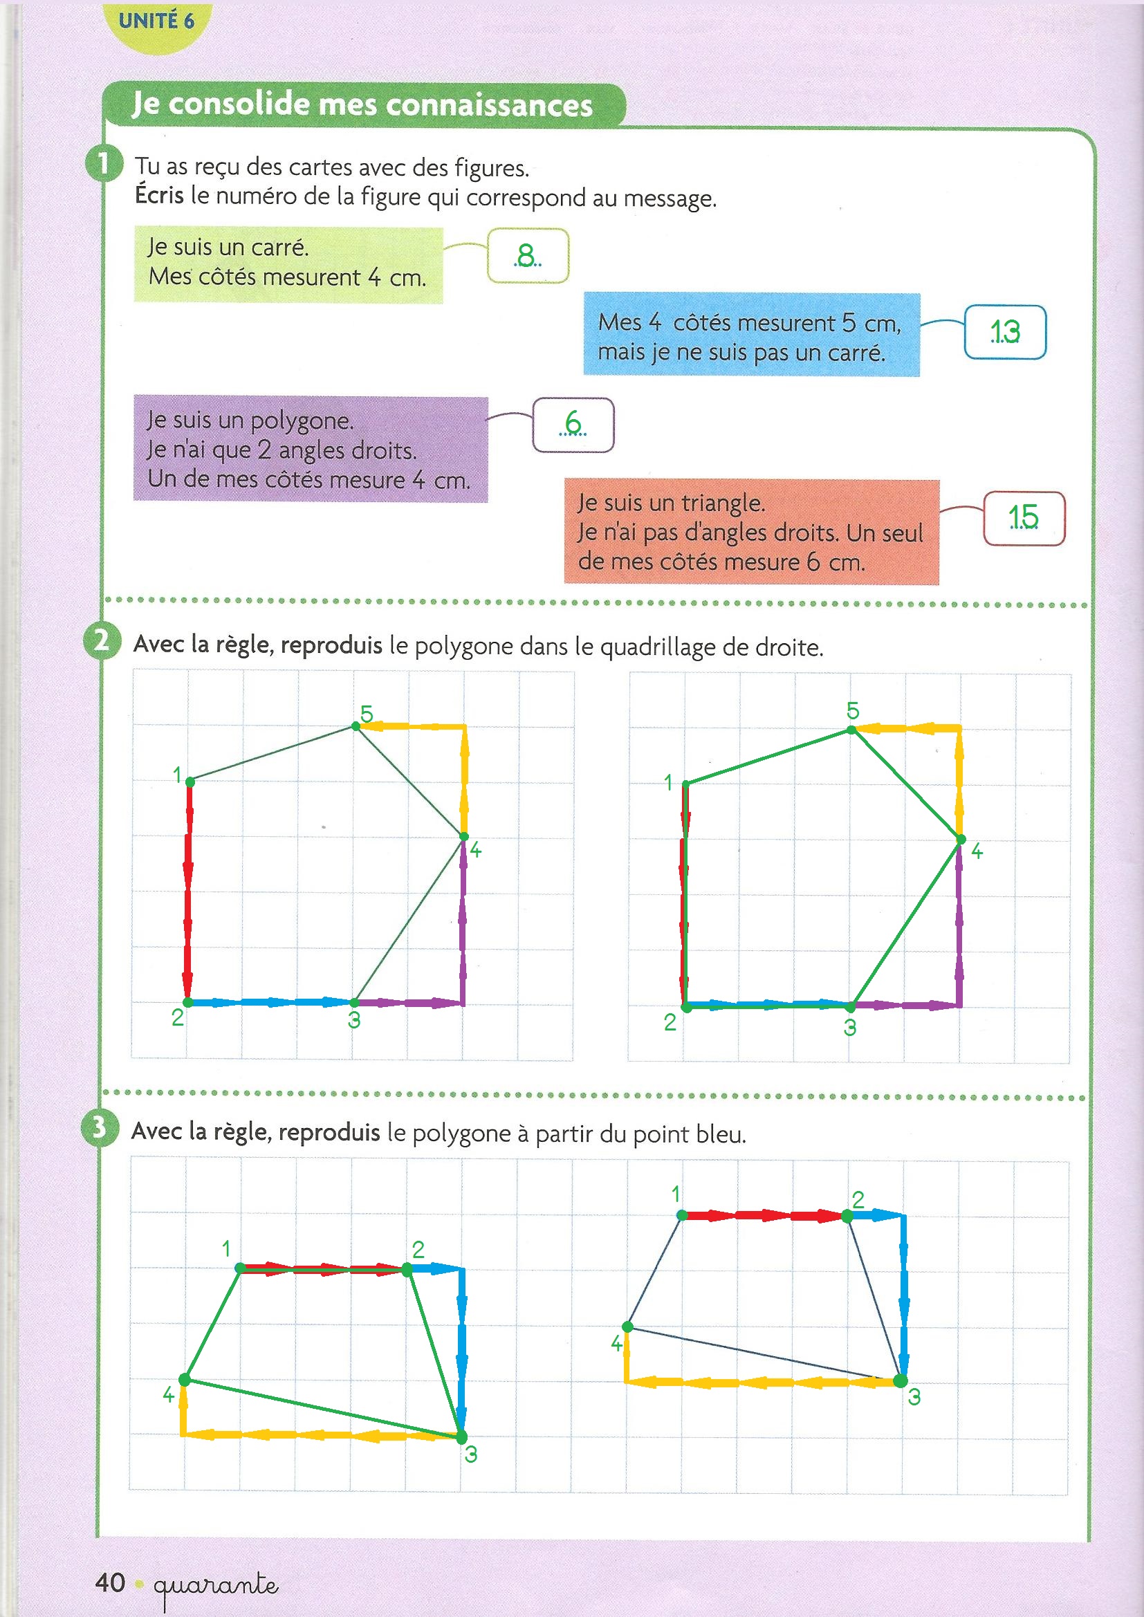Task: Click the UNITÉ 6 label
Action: point(156,21)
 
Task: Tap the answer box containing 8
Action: point(528,256)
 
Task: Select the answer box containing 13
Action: point(1004,332)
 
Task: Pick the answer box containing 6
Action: point(573,425)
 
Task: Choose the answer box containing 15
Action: point(1024,517)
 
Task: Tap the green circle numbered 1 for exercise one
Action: point(104,164)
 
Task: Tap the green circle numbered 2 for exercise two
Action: point(102,641)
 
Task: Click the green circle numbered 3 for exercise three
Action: point(100,1128)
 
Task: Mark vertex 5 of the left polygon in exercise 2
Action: point(356,726)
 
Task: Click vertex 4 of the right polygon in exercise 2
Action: point(960,840)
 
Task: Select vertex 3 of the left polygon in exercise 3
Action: point(461,1436)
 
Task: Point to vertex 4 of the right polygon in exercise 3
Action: point(627,1327)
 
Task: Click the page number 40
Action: point(111,1582)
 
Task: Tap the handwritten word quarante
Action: point(216,1585)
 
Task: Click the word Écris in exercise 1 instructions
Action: point(159,195)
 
